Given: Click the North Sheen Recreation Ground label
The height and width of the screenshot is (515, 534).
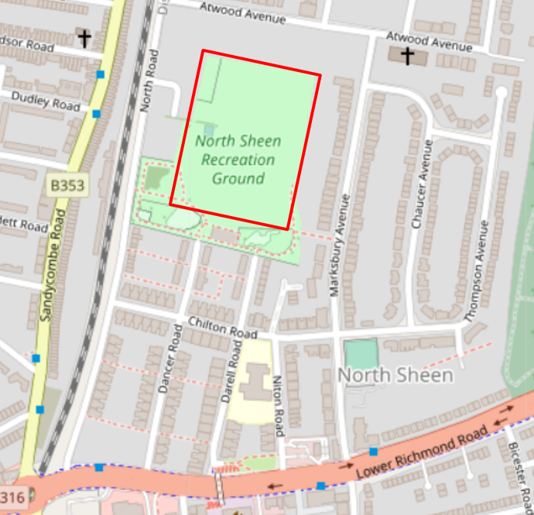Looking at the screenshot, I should pyautogui.click(x=238, y=160).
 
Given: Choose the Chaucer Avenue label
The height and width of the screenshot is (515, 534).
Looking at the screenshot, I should pyautogui.click(x=421, y=194).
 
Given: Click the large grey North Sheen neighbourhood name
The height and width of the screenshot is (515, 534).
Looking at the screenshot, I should pyautogui.click(x=395, y=376).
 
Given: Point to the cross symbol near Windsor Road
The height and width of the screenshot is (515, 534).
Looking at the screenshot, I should pyautogui.click(x=84, y=36).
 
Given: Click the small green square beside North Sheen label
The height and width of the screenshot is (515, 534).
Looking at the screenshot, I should pyautogui.click(x=361, y=355).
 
